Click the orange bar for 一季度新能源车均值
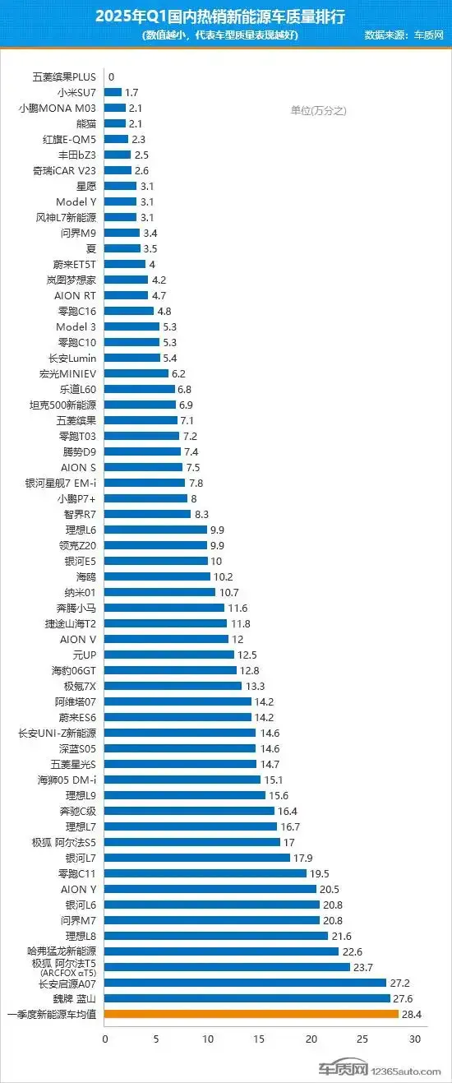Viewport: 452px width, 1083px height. pos(251,1014)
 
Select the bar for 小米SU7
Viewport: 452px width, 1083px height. pos(113,92)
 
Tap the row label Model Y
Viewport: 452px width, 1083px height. pos(76,201)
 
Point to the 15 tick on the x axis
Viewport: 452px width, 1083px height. pos(260,1039)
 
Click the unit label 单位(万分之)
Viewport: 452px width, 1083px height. pos(319,111)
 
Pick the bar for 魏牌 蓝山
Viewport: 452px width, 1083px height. pos(247,998)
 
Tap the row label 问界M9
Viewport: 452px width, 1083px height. pos(79,233)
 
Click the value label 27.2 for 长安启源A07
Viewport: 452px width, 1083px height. pos(401,983)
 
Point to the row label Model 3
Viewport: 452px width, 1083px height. pos(76,326)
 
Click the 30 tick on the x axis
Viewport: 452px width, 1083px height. pos(415,1039)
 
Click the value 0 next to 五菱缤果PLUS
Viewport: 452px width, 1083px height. pos(111,76)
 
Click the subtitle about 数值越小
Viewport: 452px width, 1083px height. pos(219,35)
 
